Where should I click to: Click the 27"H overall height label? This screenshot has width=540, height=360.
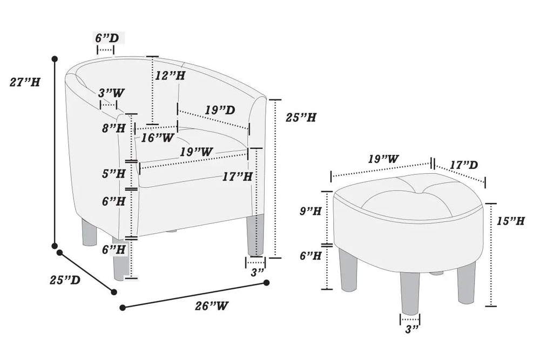tap(25, 82)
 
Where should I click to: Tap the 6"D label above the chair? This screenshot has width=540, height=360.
tap(106, 38)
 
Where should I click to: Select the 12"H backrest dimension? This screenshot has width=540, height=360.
tap(170, 76)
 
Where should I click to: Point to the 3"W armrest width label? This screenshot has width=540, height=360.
tap(111, 93)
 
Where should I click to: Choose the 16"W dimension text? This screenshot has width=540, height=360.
tap(157, 138)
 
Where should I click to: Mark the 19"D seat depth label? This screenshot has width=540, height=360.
tap(219, 110)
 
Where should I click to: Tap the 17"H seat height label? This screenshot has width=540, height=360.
tap(237, 176)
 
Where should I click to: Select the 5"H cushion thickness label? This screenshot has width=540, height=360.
tap(113, 174)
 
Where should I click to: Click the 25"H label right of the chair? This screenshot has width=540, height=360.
tap(300, 117)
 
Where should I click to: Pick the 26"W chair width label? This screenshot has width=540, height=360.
tap(211, 306)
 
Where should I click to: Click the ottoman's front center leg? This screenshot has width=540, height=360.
tap(410, 291)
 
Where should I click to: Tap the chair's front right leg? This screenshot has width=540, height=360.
tap(255, 235)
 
